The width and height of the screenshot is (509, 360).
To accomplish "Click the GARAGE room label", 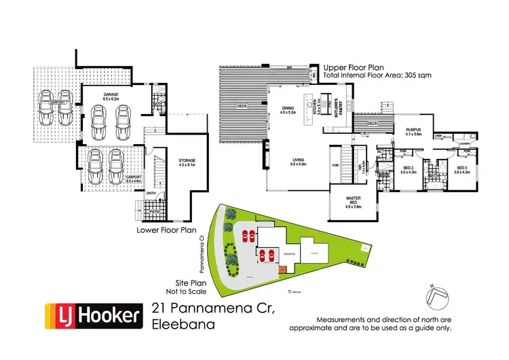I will [x=111, y=96].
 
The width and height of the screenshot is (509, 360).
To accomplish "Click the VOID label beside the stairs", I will [x=335, y=164].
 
